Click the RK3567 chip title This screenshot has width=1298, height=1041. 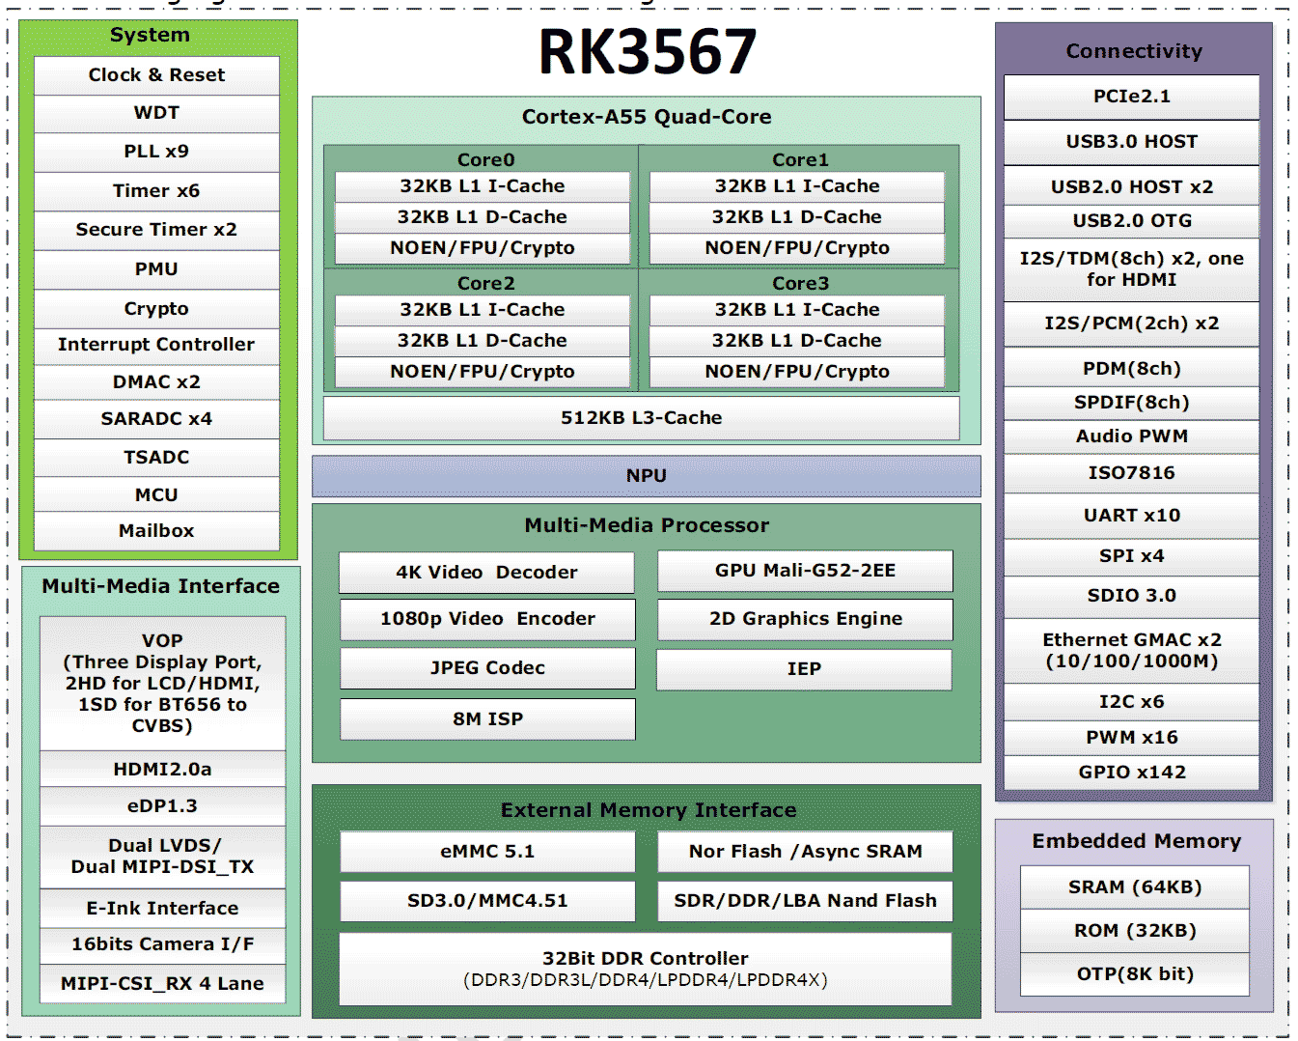click(647, 52)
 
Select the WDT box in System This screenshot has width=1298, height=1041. click(156, 113)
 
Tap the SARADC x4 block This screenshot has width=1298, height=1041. click(156, 419)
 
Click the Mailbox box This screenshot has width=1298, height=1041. click(156, 531)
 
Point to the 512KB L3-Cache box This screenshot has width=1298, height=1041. click(641, 418)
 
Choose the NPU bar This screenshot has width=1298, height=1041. click(646, 476)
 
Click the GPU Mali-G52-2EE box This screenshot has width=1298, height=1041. click(805, 571)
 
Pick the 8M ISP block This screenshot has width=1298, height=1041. click(487, 719)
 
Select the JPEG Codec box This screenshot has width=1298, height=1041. click(487, 668)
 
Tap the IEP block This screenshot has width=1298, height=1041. click(804, 669)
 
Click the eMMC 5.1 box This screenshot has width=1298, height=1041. click(487, 852)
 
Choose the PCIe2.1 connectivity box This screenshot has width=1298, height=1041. click(1131, 97)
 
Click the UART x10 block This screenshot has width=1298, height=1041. click(1131, 516)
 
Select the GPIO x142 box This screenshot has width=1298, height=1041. click(1131, 773)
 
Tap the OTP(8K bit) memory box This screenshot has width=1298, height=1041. click(1134, 974)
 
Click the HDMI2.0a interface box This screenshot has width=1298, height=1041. click(162, 770)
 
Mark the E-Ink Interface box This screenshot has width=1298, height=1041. click(162, 909)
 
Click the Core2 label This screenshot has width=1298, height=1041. click(486, 284)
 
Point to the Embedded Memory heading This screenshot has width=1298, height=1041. click(1136, 841)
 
